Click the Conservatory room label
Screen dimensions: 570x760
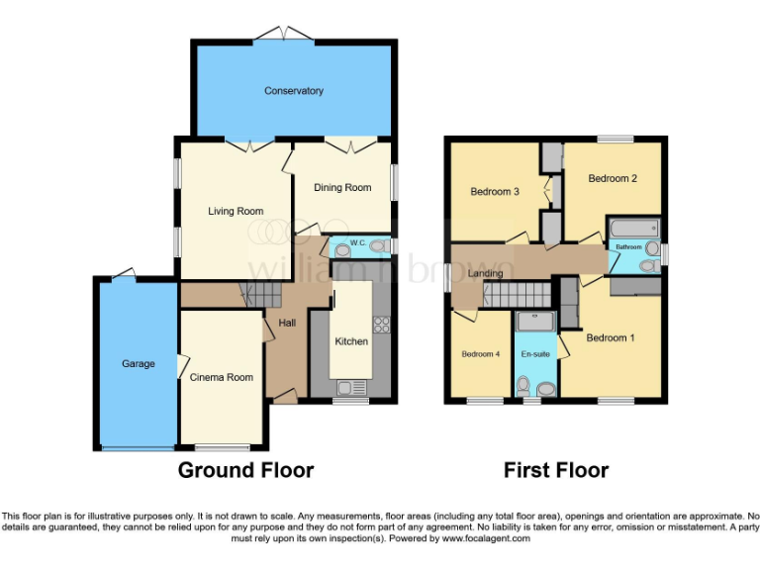pos(294,91)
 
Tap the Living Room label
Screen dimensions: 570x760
pos(236,211)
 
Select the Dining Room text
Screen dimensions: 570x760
pos(342,188)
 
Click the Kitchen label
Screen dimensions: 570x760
pos(351,341)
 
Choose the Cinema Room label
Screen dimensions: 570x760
pos(222,377)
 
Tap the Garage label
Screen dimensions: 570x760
pos(139,364)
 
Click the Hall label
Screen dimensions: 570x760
pos(286,324)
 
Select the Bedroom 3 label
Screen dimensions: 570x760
pos(495,192)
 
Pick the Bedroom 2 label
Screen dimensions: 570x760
pos(613,179)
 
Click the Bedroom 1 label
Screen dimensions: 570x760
pos(611,338)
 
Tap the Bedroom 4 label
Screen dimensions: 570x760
pos(480,354)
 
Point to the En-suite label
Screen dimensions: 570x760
pos(535,354)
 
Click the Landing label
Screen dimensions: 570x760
pos(485,274)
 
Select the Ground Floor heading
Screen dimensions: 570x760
pos(245,470)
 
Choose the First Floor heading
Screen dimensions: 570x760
pos(556,470)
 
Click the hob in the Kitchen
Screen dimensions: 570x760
pos(381,326)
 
